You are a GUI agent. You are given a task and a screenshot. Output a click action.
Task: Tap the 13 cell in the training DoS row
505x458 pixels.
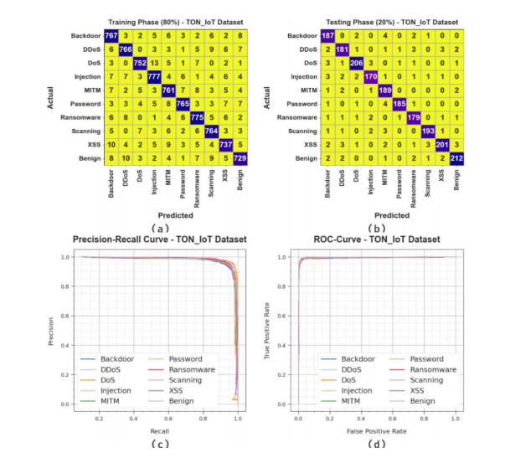coord(154,61)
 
